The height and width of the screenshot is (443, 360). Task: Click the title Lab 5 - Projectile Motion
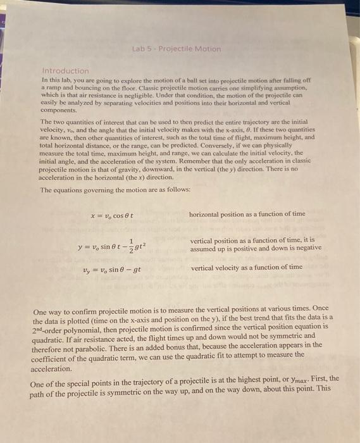click(x=177, y=49)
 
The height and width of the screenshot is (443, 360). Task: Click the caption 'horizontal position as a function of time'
click(x=246, y=214)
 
